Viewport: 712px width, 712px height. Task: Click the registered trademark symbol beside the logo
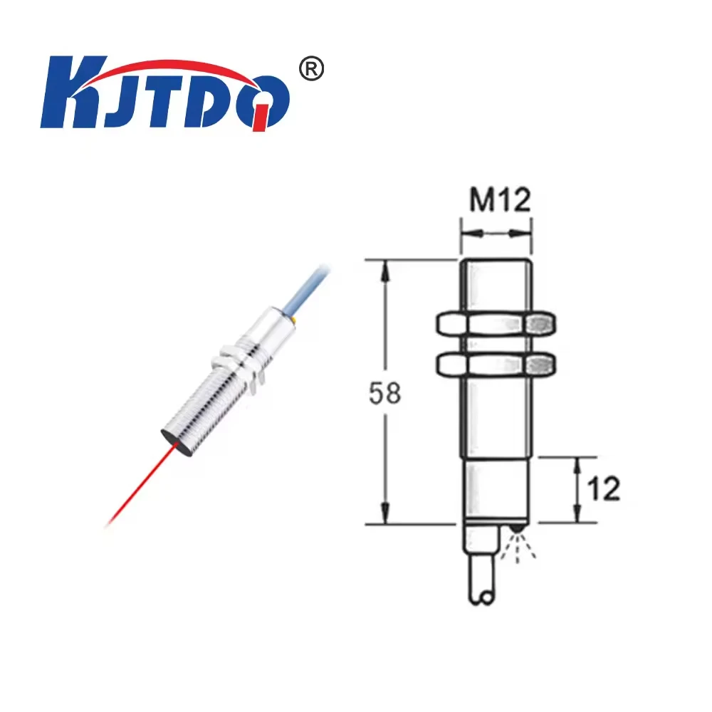pos(310,70)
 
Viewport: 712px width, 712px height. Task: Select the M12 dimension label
pos(500,201)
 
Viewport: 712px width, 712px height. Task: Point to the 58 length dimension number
pos(385,393)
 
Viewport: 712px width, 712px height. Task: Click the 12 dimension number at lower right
pos(603,488)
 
